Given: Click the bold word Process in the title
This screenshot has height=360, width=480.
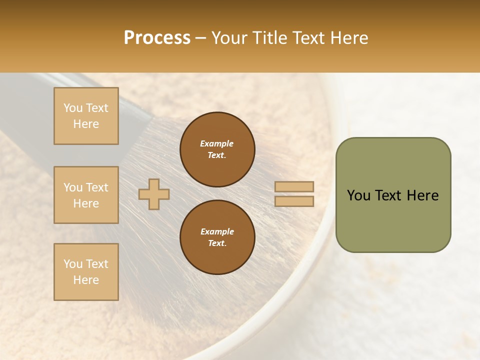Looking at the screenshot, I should click(157, 37).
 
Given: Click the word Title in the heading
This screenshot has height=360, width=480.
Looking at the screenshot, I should click(268, 37).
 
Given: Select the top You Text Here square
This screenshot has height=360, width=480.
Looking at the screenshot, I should click(86, 116).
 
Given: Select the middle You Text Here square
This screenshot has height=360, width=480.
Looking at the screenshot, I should click(86, 195).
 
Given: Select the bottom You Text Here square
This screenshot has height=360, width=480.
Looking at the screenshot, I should click(86, 272).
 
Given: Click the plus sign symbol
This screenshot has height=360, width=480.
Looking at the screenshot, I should click(154, 194).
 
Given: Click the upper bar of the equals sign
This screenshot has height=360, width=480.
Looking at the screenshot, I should click(294, 186).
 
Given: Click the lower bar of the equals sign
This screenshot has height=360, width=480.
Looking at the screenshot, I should click(294, 201).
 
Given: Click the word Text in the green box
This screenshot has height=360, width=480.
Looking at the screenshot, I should click(389, 195).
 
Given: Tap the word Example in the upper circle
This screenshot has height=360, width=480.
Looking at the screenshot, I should click(217, 143).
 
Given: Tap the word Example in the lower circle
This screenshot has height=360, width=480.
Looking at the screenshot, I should click(217, 231).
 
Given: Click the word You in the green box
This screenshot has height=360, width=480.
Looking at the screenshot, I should click(358, 195).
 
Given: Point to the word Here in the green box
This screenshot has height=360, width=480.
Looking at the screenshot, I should click(423, 195).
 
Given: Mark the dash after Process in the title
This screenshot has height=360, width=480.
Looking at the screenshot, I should click(200, 38).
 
